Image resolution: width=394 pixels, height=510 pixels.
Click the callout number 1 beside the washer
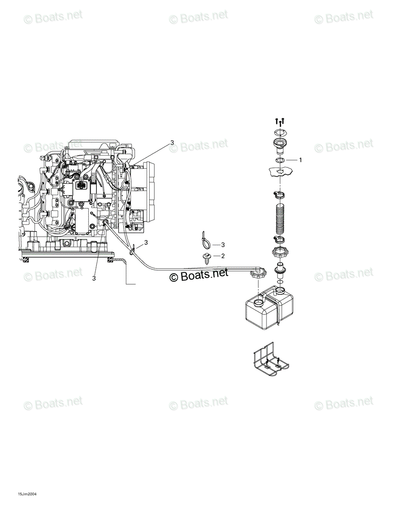click(x=300, y=160)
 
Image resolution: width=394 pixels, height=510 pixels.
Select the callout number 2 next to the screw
click(x=223, y=256)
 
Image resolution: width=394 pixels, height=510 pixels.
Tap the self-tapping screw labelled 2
click(x=206, y=259)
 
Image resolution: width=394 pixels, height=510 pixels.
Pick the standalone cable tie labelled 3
click(x=206, y=239)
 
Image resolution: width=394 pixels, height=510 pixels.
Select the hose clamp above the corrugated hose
click(x=279, y=195)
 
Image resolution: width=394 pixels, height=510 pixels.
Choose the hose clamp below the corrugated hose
click(x=279, y=240)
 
